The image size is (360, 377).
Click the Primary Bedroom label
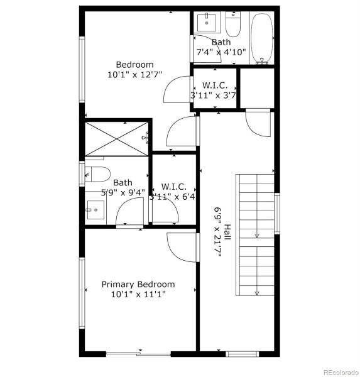coord(138,284)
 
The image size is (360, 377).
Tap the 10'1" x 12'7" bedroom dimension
coord(134,75)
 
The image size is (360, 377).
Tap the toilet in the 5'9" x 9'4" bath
coord(97,174)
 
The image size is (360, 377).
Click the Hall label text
coord(227,231)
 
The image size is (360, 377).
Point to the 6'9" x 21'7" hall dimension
coord(218,231)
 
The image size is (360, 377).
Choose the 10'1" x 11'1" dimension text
coord(138,294)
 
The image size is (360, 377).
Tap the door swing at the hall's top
coord(258,122)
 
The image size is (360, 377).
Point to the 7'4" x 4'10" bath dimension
coord(221,53)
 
